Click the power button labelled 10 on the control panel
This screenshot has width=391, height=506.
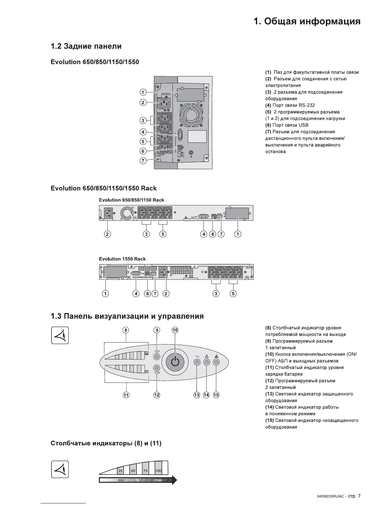pos(175,362)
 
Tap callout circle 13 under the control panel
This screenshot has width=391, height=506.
pos(197,395)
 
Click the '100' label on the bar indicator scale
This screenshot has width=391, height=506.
pos(158,471)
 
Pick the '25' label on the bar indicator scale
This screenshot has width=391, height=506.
pos(120,471)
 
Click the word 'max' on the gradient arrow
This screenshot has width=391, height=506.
pos(158,480)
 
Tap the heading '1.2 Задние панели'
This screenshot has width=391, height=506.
pos(86,46)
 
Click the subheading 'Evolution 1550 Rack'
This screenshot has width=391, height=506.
pos(122,259)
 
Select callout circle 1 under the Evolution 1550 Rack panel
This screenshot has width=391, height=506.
pos(105,293)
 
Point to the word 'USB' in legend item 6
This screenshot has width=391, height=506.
pos(303,125)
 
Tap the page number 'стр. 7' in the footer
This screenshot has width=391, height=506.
pos(354,496)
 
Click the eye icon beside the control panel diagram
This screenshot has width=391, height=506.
pos(60,335)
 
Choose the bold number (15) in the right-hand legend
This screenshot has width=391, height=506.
pos(269,420)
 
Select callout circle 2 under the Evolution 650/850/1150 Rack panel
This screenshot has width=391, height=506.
pos(107,234)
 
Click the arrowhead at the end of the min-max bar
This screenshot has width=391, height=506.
pos(174,480)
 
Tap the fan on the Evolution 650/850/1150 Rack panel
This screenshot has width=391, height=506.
pos(126,213)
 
